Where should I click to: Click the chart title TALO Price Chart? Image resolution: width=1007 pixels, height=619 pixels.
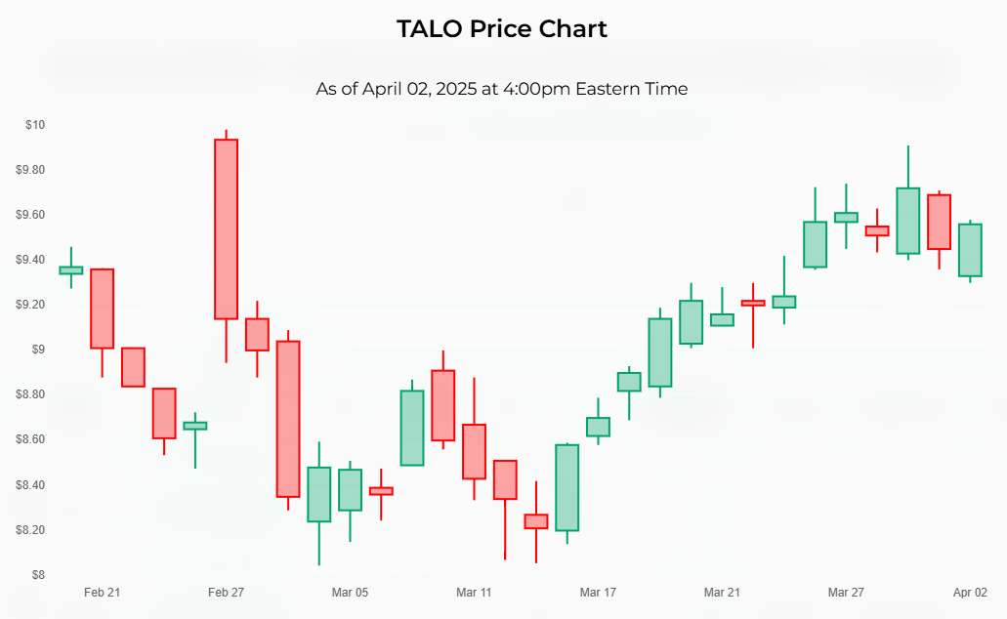click(x=502, y=29)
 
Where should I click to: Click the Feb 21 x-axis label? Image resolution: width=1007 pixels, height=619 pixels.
click(x=103, y=593)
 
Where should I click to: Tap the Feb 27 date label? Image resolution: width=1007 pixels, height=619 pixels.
click(x=227, y=593)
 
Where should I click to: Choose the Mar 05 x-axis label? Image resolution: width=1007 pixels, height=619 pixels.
click(x=350, y=593)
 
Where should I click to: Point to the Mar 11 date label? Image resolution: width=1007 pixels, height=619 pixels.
click(x=474, y=593)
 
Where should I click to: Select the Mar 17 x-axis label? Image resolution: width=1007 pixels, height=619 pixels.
click(x=598, y=593)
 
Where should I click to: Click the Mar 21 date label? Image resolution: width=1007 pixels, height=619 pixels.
click(x=722, y=593)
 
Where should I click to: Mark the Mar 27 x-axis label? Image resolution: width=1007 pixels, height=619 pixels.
click(x=846, y=593)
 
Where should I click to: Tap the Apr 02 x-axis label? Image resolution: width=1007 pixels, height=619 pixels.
click(x=970, y=593)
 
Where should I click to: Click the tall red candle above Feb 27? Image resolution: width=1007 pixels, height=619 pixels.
click(x=227, y=229)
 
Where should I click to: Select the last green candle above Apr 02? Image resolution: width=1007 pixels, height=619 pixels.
click(x=970, y=250)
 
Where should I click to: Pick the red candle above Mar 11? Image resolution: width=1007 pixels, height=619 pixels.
click(x=474, y=451)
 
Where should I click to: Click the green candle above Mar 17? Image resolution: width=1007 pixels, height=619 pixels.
click(x=598, y=427)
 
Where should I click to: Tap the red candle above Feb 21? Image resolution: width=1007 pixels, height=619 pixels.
click(x=103, y=309)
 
